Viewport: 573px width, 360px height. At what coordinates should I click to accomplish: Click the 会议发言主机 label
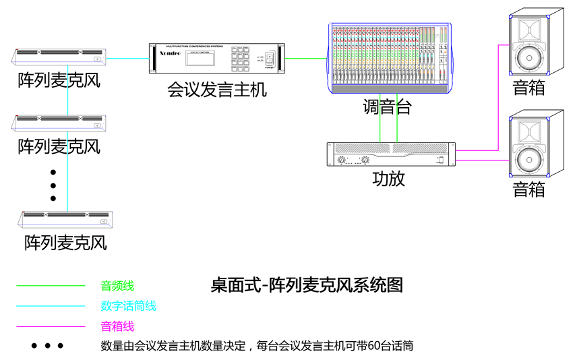click(217, 90)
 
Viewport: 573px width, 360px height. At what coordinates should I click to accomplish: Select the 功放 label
click(389, 179)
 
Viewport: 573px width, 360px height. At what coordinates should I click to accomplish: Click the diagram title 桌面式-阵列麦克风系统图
click(307, 284)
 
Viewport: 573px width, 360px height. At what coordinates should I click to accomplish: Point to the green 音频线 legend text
click(117, 286)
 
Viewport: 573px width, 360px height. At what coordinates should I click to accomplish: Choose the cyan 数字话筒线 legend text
click(128, 306)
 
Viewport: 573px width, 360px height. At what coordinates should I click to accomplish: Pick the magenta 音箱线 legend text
click(117, 327)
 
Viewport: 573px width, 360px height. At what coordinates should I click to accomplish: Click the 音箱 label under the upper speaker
click(529, 88)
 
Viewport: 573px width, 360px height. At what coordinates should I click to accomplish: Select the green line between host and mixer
click(307, 58)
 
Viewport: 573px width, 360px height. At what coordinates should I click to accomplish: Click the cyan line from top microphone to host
click(127, 58)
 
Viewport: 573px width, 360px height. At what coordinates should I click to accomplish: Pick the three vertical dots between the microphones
click(53, 185)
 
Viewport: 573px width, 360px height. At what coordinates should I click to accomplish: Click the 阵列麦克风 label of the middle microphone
click(59, 145)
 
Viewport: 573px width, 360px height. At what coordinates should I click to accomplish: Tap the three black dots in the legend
click(47, 347)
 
